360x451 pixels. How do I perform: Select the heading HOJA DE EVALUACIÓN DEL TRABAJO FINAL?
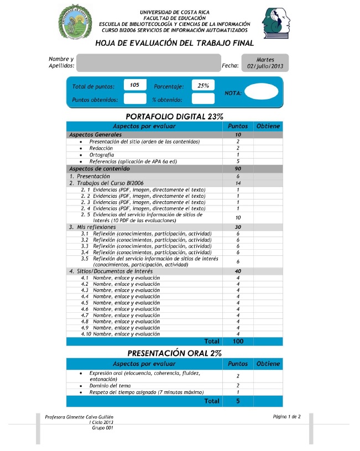[x=175, y=43]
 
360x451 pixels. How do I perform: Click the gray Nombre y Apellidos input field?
[x=148, y=63]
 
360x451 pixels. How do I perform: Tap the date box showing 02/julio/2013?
[x=265, y=62]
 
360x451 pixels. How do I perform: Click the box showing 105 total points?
[x=135, y=85]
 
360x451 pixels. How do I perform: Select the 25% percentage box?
[x=203, y=85]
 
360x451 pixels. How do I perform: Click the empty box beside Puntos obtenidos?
[x=135, y=99]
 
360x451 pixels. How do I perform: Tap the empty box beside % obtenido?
[x=203, y=99]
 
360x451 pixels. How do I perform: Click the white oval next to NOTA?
[x=261, y=92]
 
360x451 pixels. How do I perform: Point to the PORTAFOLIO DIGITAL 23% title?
[x=175, y=116]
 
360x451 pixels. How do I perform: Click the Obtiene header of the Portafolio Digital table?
[x=268, y=127]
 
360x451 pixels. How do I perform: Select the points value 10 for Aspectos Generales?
[x=238, y=135]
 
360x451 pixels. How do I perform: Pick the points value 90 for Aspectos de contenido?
[x=238, y=169]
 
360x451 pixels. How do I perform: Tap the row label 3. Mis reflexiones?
[x=93, y=227]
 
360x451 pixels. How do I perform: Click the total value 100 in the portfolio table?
[x=238, y=342]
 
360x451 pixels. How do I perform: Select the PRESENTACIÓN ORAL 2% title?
[x=175, y=353]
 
